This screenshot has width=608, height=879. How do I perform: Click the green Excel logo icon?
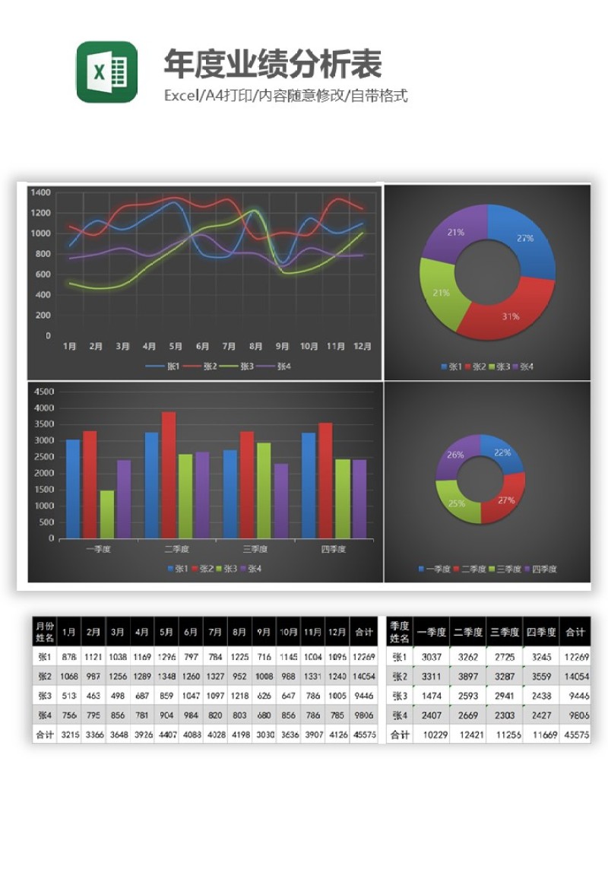(x=106, y=72)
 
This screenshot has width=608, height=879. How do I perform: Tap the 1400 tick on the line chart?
(x=41, y=192)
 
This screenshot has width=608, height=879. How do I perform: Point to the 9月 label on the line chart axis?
(x=282, y=347)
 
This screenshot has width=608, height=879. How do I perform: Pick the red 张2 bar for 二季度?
(x=169, y=475)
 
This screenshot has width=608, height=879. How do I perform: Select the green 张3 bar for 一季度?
(x=107, y=514)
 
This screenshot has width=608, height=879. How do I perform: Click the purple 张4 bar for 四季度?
(x=359, y=499)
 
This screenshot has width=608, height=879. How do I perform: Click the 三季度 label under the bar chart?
(x=255, y=549)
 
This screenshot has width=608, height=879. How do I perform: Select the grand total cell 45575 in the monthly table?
(x=365, y=735)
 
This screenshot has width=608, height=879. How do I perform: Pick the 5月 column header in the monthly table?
(x=166, y=631)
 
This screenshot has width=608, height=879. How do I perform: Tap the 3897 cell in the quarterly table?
(x=467, y=676)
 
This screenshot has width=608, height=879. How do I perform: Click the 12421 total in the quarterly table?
(x=467, y=735)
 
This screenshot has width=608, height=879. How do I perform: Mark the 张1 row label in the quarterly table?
(x=399, y=657)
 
